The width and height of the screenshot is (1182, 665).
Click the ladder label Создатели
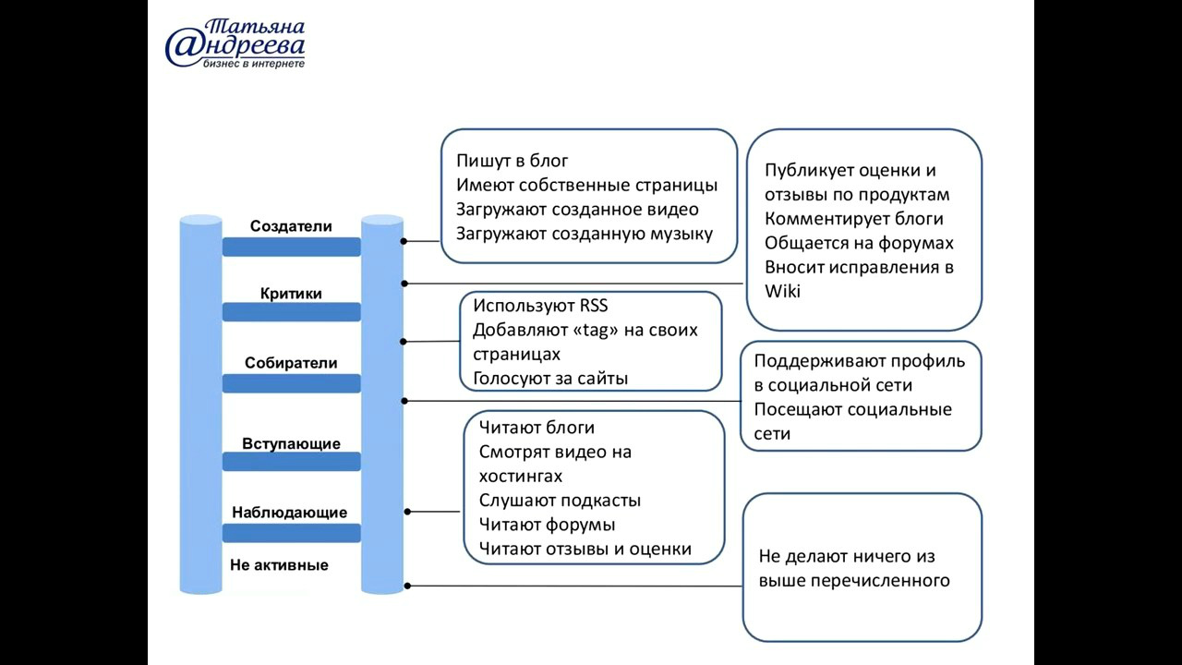pyautogui.click(x=291, y=226)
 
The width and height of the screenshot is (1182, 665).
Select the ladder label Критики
pyautogui.click(x=291, y=294)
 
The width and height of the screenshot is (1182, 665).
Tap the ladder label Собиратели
pyautogui.click(x=291, y=363)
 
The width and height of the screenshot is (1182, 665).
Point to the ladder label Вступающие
pyautogui.click(x=291, y=444)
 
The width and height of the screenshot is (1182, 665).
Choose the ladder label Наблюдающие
pyautogui.click(x=290, y=513)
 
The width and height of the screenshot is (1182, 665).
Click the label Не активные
pyautogui.click(x=279, y=565)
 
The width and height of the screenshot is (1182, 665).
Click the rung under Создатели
pyautogui.click(x=291, y=247)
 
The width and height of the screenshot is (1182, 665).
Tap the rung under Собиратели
pyautogui.click(x=291, y=383)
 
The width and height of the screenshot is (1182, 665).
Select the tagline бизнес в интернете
pyautogui.click(x=254, y=64)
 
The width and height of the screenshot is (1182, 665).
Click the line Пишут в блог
pyautogui.click(x=513, y=161)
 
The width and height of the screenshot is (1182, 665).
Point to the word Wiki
pyautogui.click(x=782, y=291)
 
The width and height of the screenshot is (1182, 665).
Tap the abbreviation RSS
pyautogui.click(x=594, y=306)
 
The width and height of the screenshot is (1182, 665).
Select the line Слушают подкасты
pyautogui.click(x=560, y=501)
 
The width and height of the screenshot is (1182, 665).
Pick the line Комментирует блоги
pyautogui.click(x=854, y=219)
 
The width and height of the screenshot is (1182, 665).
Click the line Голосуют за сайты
pyautogui.click(x=550, y=379)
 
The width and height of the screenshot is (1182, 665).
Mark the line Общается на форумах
pyautogui.click(x=859, y=243)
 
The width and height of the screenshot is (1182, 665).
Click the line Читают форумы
pyautogui.click(x=548, y=526)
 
